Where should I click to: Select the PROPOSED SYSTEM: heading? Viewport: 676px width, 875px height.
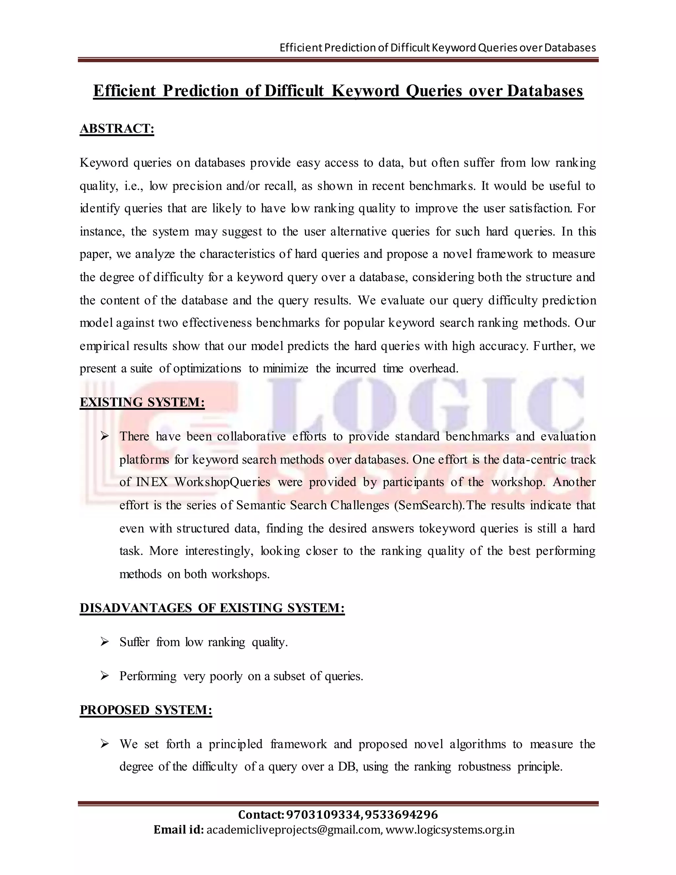click(x=146, y=710)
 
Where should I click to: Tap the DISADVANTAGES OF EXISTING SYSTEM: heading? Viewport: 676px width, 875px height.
click(x=212, y=608)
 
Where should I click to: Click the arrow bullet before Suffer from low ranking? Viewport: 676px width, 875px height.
click(x=105, y=642)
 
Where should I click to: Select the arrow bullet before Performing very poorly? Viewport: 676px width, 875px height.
click(x=105, y=676)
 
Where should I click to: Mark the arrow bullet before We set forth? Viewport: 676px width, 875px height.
click(x=105, y=744)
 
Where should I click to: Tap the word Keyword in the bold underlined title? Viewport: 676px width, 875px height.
click(x=366, y=91)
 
